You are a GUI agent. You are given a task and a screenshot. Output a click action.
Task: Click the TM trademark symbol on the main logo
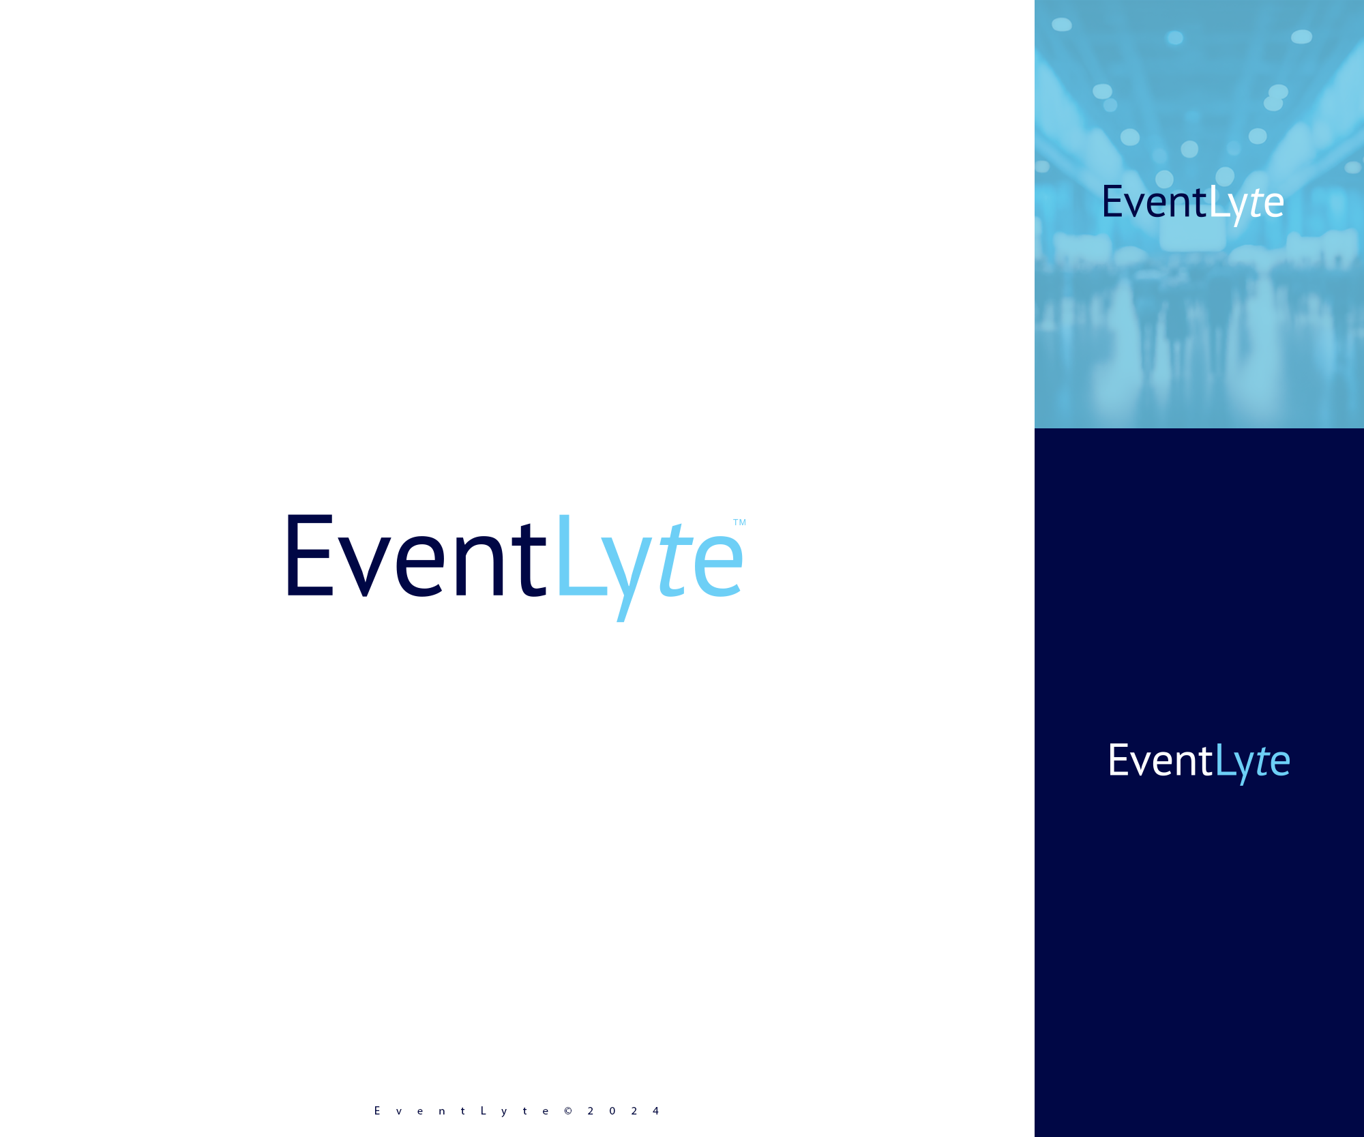point(739,522)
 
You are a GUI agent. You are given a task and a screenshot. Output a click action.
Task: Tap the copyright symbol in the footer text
point(568,1111)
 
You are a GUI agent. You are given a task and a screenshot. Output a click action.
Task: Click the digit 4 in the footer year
point(655,1111)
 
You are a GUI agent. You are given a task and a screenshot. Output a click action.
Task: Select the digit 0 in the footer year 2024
point(612,1111)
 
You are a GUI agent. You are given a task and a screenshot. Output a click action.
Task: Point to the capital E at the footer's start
point(377,1111)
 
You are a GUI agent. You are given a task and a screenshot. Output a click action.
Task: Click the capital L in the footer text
point(483,1111)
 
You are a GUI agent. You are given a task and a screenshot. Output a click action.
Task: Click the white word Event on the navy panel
point(1159,761)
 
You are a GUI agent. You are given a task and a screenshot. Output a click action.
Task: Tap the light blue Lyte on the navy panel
point(1252,763)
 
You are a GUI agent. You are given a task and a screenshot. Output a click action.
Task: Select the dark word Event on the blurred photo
point(1153,203)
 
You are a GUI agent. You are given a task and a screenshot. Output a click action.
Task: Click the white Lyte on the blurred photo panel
point(1246,204)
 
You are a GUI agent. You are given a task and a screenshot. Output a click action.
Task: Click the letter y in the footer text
point(504,1112)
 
